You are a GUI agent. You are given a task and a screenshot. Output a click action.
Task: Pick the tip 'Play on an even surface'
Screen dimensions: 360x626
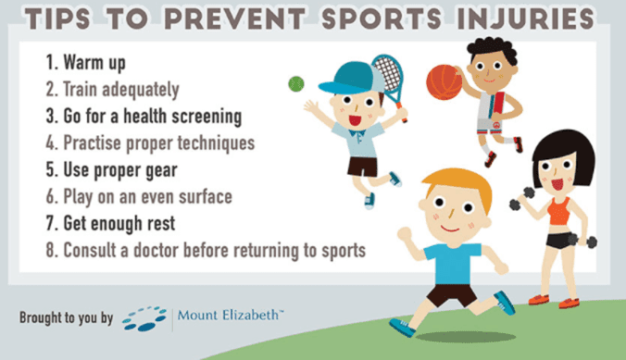click(x=142, y=197)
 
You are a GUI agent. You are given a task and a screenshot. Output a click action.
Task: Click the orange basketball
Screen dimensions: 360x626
click(x=444, y=84)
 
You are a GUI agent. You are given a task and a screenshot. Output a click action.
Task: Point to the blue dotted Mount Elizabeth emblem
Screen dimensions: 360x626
click(x=144, y=317)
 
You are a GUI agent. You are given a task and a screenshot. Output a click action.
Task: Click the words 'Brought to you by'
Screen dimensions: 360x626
click(x=66, y=317)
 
